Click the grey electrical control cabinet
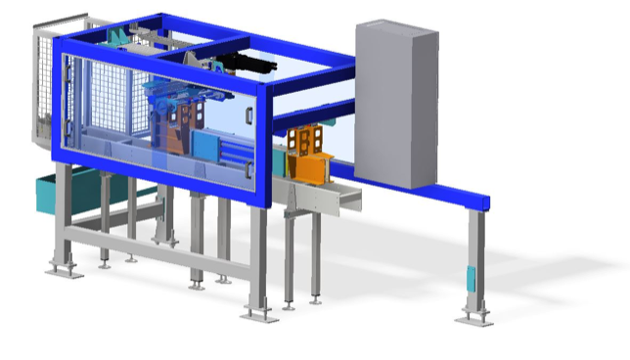[x=396, y=108]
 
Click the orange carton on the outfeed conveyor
[x=311, y=157]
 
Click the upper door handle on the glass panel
[x=249, y=116]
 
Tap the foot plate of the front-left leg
[x=65, y=269]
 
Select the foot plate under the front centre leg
[x=260, y=314]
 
